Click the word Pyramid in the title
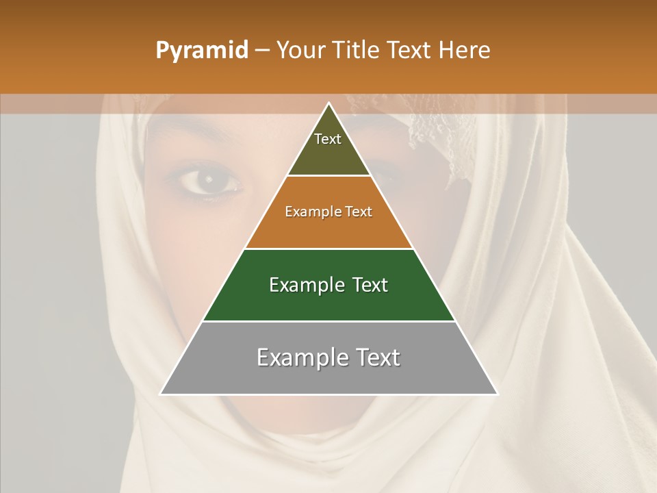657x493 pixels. (x=201, y=51)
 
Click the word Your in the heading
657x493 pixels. (x=300, y=50)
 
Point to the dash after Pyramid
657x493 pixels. (x=261, y=51)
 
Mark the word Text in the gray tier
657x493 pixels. (x=377, y=358)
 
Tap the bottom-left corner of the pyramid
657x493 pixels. (x=162, y=394)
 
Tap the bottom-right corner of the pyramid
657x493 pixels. (x=496, y=394)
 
